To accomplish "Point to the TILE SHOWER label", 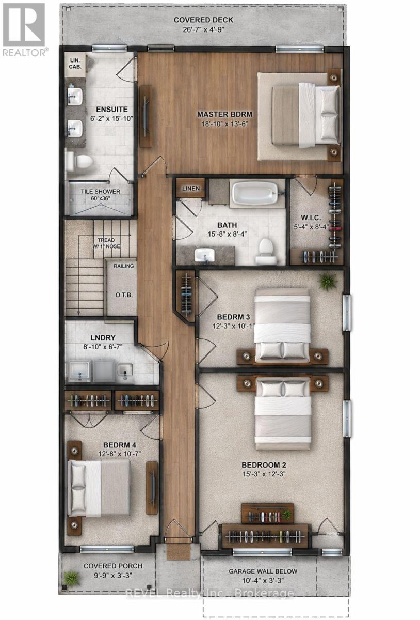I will tap(100, 192).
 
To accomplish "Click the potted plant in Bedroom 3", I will tap(327, 282).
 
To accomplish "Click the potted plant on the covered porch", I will tap(71, 578).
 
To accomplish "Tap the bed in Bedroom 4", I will tap(99, 488).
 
